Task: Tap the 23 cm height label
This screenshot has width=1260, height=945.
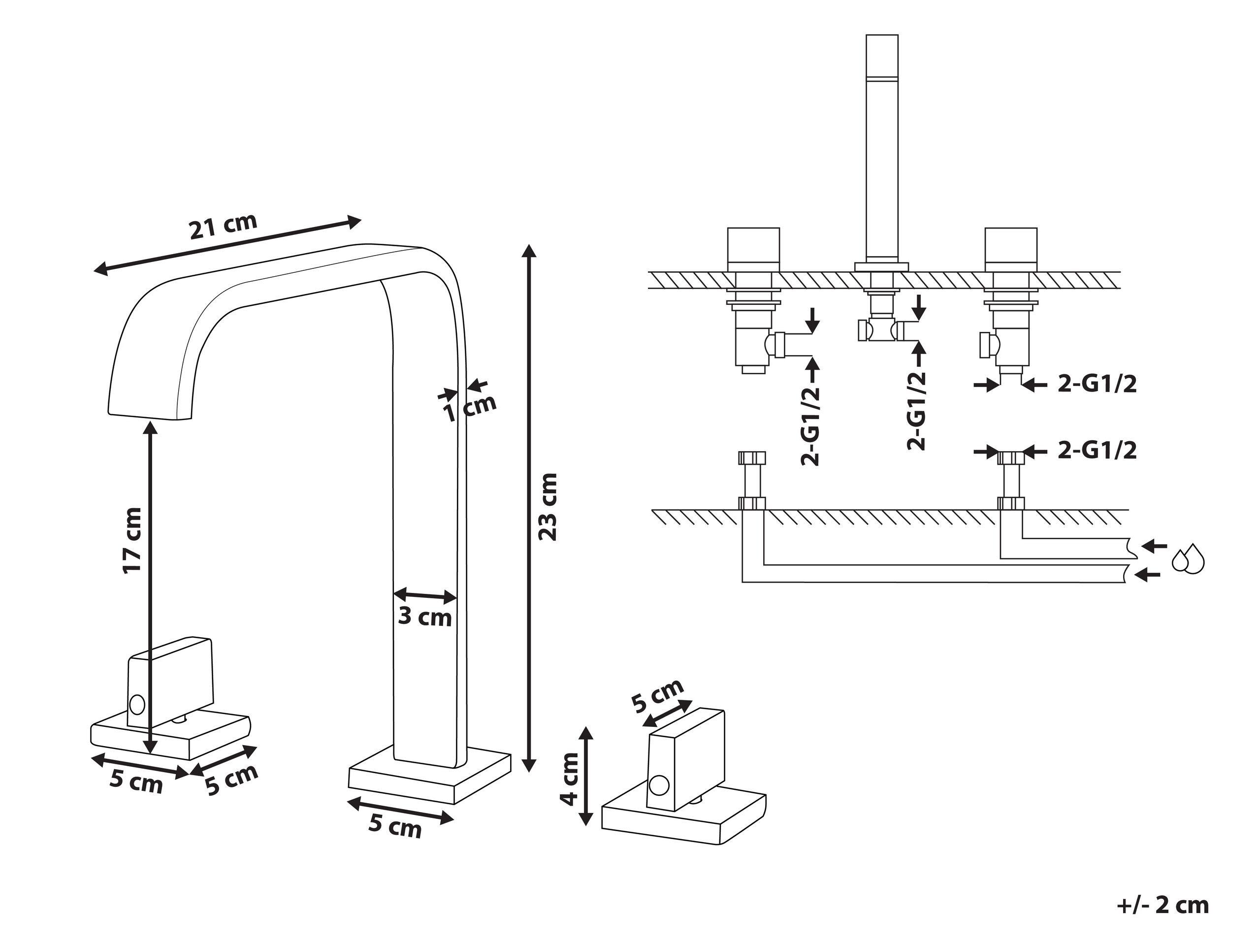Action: pos(548,506)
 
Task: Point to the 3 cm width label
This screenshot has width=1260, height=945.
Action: pos(424,617)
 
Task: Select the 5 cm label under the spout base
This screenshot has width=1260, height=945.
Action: pos(395,825)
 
